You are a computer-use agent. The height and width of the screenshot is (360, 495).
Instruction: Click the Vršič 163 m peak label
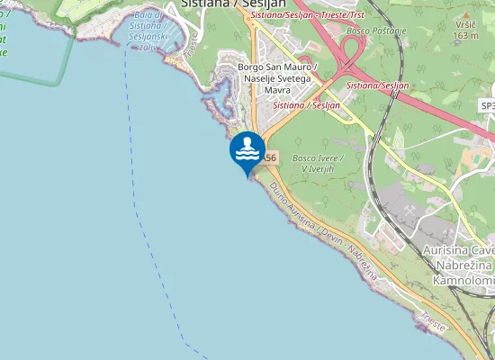point(465,31)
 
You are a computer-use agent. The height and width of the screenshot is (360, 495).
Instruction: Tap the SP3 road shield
point(487,105)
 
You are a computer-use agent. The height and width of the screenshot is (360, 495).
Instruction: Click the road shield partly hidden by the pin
point(271,157)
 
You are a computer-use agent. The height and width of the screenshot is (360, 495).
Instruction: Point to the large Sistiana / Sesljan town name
point(228,4)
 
